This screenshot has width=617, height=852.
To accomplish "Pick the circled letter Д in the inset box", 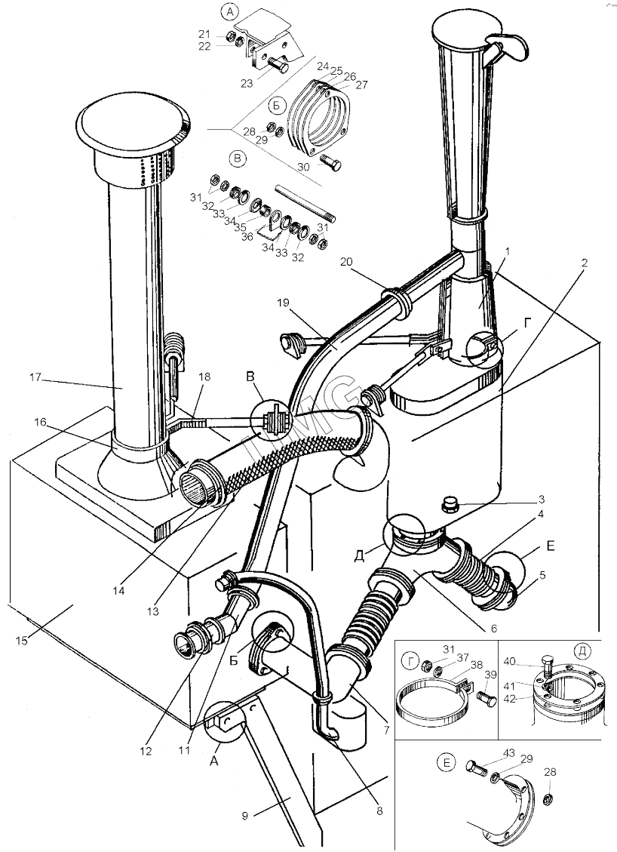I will pos(580,649).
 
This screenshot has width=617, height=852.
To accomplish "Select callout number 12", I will pos(145,751).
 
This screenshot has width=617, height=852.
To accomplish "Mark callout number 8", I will pos(379,811).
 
